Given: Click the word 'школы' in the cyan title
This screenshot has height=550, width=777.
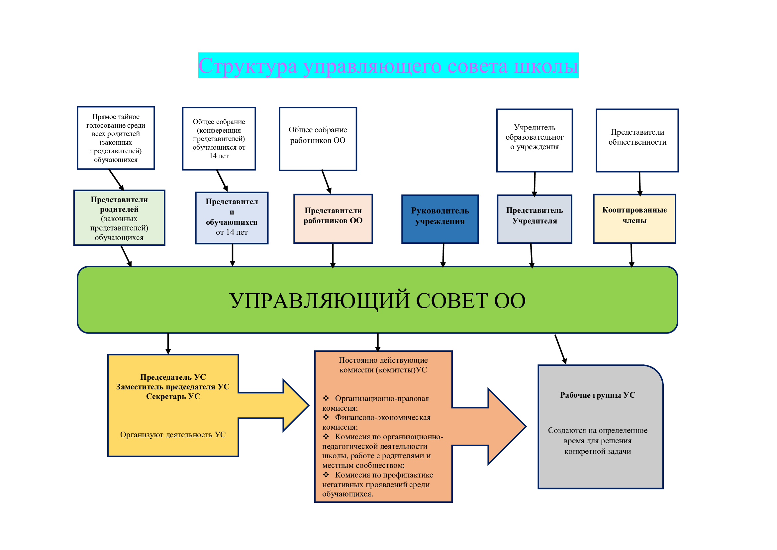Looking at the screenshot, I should coord(546,66).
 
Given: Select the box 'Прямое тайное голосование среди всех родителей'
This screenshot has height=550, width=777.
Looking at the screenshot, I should coord(116,138).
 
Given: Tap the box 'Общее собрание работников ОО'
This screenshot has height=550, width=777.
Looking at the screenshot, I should coord(318,139).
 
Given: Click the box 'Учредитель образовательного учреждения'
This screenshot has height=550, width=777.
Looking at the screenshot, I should coord(534,140).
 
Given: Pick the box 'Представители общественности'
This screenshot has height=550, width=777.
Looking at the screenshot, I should coord(637,140).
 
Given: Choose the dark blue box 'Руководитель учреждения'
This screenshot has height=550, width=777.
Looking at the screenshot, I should coord(440,219).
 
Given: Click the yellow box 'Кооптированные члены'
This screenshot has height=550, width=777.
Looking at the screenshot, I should coord(634,219).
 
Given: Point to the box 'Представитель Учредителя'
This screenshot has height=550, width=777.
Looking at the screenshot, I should coord(534,219).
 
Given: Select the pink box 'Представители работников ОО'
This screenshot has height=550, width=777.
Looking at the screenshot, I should coord(333,219).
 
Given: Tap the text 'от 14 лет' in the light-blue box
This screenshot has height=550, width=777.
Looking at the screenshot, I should coord(232,232).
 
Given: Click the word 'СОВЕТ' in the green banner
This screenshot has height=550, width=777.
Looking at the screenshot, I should coord(452,300).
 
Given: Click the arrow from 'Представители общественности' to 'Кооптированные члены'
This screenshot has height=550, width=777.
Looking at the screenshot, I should coord(639,184).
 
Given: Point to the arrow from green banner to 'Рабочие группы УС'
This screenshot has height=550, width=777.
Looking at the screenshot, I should coord(560,349).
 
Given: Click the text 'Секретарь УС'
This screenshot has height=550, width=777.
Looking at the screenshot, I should coord(173,397).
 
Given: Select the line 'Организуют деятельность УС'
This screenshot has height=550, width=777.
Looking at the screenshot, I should coord(173,435).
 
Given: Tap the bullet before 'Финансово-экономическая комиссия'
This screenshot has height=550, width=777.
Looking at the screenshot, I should coord(326,417).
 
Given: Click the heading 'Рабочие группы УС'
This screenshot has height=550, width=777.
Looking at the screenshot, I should coord(598,395).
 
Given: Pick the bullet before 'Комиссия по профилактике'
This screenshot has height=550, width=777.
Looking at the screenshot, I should coord(326,475).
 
